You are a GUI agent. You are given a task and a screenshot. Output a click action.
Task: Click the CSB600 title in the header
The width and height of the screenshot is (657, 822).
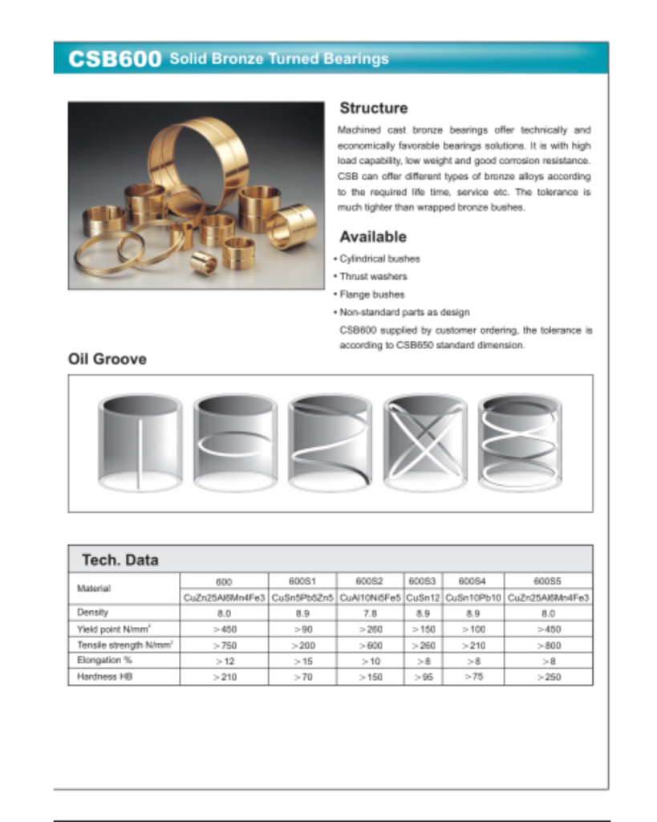115,59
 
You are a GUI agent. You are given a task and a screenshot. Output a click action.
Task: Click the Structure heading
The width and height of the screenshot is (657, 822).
373,108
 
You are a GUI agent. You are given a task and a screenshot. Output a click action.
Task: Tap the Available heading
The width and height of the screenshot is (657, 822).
372,237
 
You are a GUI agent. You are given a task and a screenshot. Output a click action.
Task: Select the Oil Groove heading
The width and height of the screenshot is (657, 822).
107,360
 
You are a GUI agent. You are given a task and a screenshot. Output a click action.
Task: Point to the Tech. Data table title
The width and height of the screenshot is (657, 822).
120,560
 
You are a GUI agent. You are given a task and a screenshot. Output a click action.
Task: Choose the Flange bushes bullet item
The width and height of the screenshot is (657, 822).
372,295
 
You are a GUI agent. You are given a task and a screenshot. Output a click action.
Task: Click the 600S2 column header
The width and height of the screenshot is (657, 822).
370,580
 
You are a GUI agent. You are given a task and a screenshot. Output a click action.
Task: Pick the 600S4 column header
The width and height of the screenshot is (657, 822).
472,580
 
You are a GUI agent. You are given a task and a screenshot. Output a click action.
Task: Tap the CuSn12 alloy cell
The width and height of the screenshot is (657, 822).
423,597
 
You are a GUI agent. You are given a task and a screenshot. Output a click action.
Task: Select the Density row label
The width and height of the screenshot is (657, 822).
92,612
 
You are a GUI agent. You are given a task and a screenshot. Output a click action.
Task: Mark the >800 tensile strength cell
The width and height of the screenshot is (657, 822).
548,645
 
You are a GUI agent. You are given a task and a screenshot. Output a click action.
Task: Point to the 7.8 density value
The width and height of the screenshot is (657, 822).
370,612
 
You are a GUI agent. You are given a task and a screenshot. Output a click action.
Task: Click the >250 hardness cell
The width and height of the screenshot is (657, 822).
548,677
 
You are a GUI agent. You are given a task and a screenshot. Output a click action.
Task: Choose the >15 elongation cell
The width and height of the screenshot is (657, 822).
302,661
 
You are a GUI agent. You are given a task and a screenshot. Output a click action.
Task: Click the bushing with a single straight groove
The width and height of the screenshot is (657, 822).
140,442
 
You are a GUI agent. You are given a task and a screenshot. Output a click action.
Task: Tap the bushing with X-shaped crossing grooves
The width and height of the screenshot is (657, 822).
424,442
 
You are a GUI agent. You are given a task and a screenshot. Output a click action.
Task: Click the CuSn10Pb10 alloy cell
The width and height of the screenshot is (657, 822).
472,597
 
